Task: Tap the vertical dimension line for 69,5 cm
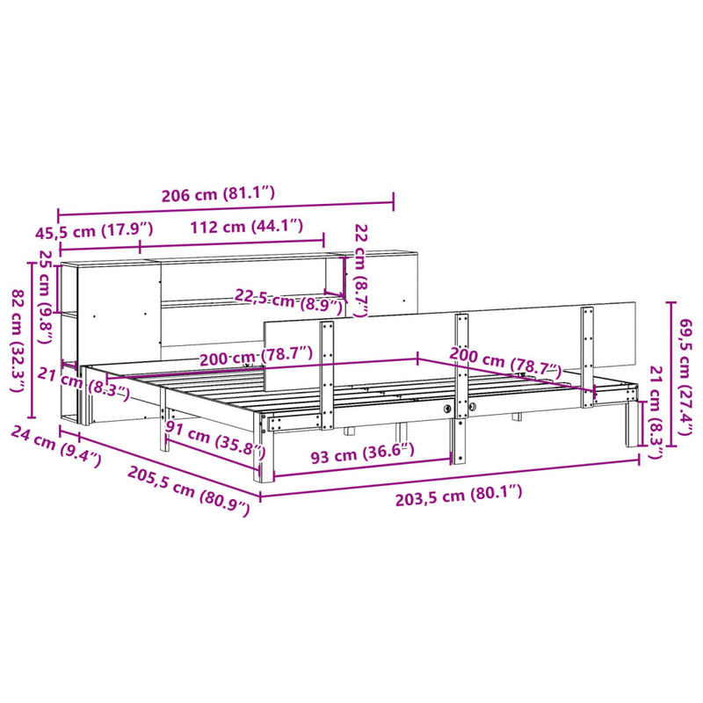coord(672,372)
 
